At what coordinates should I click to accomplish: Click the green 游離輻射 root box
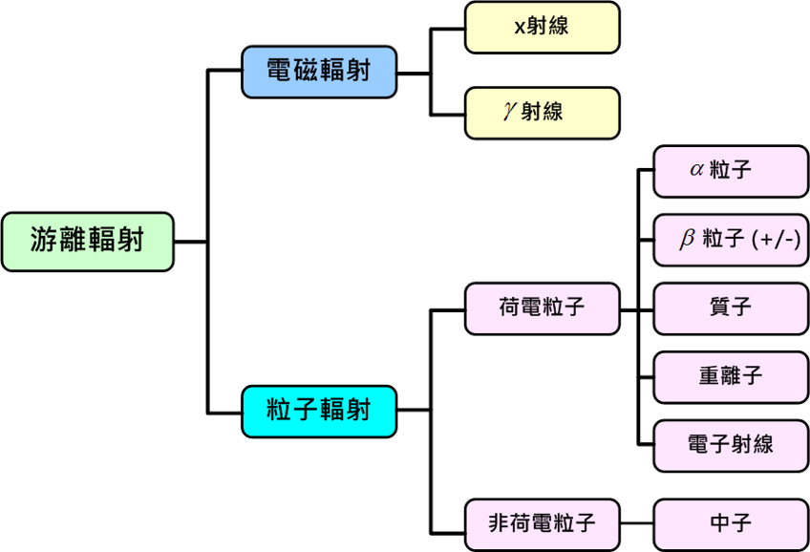[88, 241]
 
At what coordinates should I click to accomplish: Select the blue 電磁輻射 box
[318, 72]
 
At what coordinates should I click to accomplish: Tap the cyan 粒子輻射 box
[318, 412]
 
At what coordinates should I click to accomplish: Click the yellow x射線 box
[542, 27]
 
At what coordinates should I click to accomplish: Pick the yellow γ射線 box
[542, 113]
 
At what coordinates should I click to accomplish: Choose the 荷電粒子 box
[542, 308]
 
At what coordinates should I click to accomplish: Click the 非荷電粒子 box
[542, 523]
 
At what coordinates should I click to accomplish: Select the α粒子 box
[731, 171]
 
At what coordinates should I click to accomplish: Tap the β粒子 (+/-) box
[731, 240]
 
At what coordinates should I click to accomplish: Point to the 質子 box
[731, 308]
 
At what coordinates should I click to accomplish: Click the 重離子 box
[731, 375]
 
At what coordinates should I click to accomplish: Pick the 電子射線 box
[731, 444]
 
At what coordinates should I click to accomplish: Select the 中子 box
[731, 523]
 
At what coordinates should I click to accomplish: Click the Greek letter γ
[509, 112]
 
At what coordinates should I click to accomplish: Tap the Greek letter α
[696, 170]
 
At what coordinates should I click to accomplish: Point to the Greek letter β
[688, 240]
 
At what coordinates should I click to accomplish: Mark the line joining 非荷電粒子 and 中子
[637, 523]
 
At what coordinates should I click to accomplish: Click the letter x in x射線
[520, 28]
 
